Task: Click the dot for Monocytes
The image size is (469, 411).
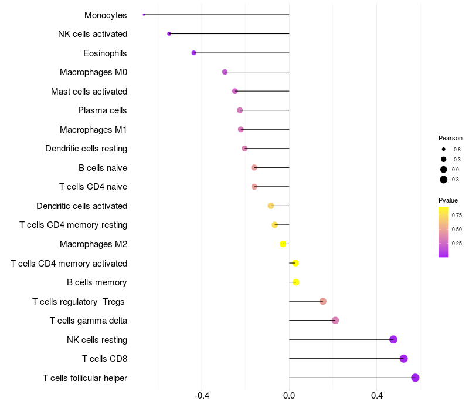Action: click(x=144, y=15)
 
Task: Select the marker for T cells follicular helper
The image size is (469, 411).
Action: click(x=416, y=378)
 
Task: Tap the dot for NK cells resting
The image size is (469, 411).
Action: click(x=393, y=339)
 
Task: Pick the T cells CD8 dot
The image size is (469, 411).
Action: click(x=403, y=359)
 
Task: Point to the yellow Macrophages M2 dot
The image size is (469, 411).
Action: click(x=283, y=244)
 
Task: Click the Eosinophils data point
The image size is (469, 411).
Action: click(x=194, y=53)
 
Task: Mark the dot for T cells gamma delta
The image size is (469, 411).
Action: click(x=335, y=321)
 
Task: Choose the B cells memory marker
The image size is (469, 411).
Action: click(x=296, y=282)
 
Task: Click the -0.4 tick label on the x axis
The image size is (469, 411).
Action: click(x=202, y=395)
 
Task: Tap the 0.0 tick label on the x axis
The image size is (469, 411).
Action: click(x=289, y=395)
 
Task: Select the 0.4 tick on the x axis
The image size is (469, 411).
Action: click(x=376, y=395)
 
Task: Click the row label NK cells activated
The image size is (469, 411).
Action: click(x=93, y=34)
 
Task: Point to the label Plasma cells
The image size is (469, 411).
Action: click(x=103, y=110)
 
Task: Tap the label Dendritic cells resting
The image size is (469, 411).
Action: click(x=86, y=149)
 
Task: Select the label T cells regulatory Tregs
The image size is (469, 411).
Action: click(x=80, y=302)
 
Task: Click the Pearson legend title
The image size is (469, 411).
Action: click(x=450, y=138)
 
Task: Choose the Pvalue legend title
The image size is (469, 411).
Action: click(x=448, y=200)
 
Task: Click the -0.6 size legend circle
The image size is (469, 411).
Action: click(x=444, y=150)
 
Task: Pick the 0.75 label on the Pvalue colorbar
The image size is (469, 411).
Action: click(x=457, y=215)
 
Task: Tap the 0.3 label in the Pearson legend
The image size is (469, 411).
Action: click(x=456, y=180)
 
